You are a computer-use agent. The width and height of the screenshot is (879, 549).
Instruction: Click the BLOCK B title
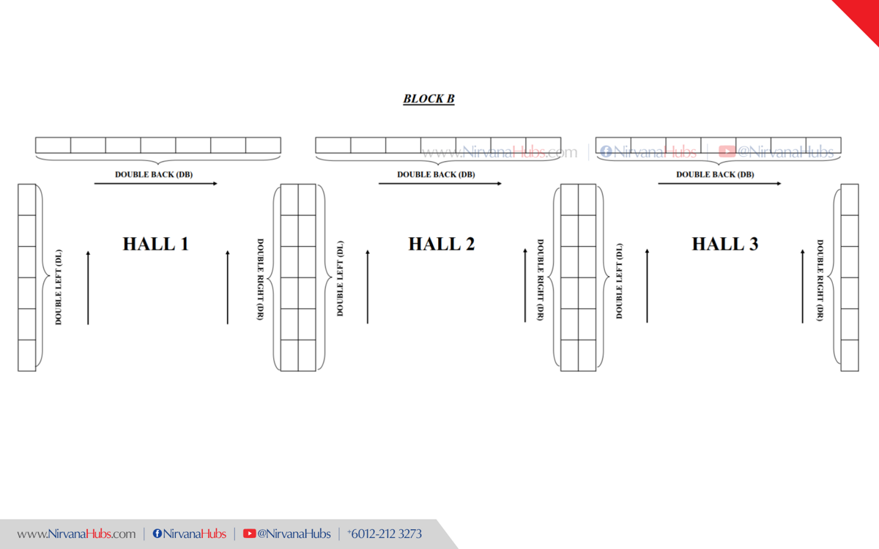[429, 99]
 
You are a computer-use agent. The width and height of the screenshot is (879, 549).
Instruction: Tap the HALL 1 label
[155, 244]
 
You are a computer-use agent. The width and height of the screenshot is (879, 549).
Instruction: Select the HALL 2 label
[441, 244]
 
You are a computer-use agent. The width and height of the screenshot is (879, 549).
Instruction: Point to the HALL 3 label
[724, 244]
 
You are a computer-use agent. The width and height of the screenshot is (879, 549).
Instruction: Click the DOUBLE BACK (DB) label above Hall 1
[154, 175]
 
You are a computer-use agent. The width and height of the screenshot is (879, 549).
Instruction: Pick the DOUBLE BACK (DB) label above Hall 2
[436, 175]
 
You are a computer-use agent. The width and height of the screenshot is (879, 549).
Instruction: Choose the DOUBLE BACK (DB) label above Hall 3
[715, 175]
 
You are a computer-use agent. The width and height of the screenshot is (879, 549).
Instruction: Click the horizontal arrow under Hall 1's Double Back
[156, 184]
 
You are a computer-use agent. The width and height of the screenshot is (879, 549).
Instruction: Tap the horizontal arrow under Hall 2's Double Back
[440, 184]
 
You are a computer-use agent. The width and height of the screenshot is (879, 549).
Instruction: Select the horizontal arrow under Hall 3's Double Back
[719, 184]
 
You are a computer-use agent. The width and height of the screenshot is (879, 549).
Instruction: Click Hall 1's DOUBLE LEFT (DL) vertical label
[59, 287]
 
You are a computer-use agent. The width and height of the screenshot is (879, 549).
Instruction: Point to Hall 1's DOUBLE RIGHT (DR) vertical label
[260, 279]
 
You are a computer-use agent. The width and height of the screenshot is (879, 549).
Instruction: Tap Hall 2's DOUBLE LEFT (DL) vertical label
[340, 279]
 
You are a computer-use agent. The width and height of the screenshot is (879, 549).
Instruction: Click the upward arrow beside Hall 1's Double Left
[88, 287]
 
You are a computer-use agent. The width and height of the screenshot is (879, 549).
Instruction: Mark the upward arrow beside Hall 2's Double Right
[525, 285]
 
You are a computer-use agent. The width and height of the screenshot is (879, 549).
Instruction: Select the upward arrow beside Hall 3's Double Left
[648, 285]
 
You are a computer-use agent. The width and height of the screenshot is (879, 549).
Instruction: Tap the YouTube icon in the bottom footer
[249, 534]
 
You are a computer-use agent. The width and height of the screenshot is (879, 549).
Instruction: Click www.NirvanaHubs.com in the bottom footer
[76, 534]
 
